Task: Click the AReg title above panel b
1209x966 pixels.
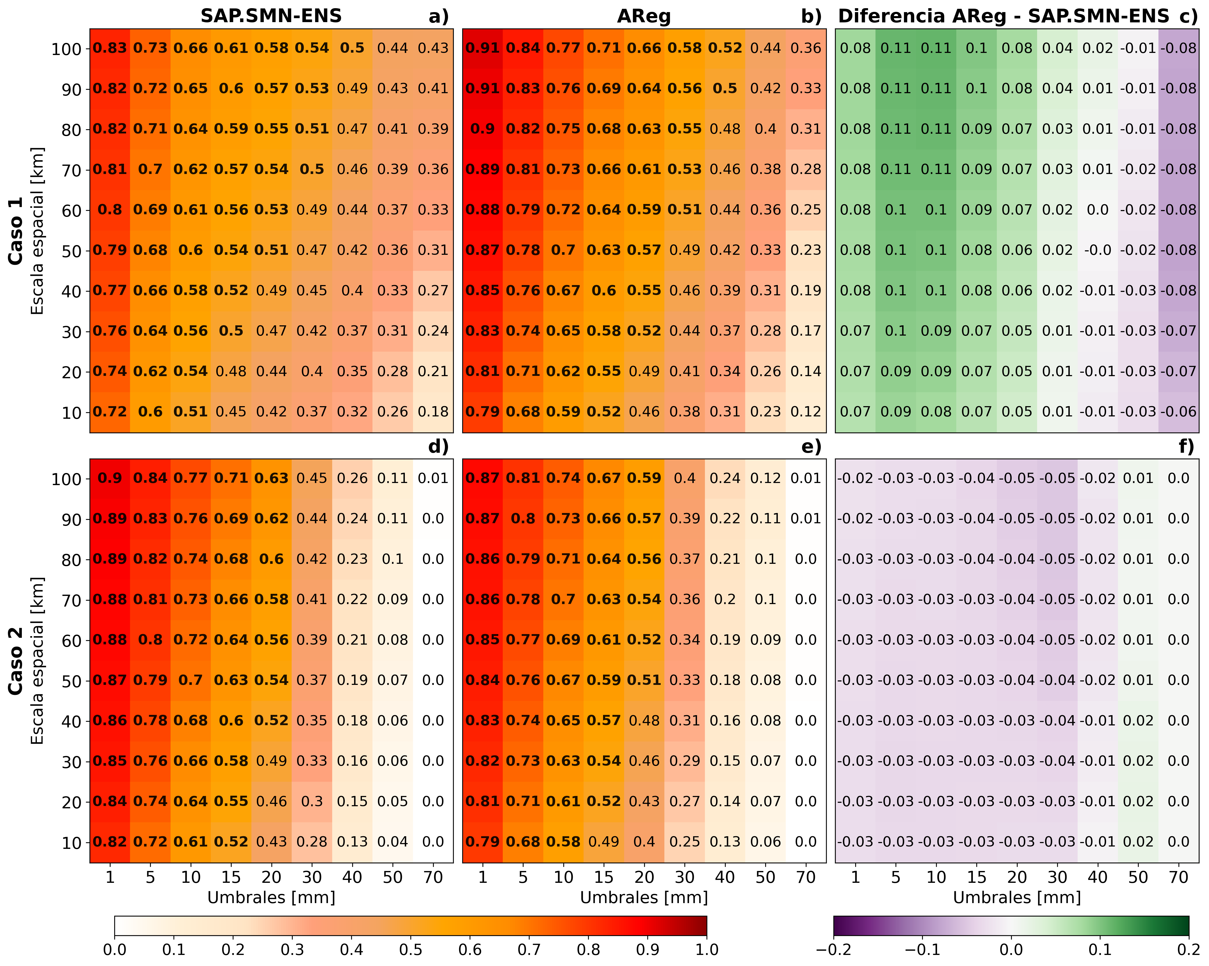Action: pyautogui.click(x=644, y=17)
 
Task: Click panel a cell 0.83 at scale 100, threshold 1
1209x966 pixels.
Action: pyautogui.click(x=110, y=48)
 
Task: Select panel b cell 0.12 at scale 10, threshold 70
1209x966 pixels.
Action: pyautogui.click(x=806, y=411)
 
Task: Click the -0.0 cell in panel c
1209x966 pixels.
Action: pyautogui.click(x=1097, y=250)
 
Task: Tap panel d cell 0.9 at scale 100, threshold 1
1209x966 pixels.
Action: pyautogui.click(x=110, y=478)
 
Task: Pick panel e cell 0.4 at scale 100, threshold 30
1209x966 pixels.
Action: pyautogui.click(x=685, y=478)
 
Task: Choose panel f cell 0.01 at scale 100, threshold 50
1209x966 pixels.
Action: pyautogui.click(x=1138, y=478)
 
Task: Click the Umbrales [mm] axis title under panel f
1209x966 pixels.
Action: pyautogui.click(x=1017, y=898)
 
